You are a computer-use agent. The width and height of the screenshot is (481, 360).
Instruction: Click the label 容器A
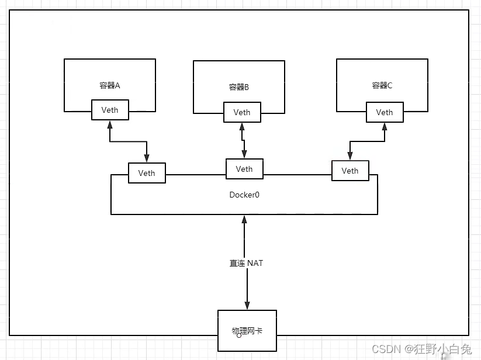coord(109,85)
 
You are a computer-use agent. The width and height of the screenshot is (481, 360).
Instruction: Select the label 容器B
coord(239,87)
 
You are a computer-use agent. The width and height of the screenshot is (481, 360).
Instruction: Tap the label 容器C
coord(382,85)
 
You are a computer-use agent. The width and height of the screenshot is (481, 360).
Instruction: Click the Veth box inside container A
coord(110,110)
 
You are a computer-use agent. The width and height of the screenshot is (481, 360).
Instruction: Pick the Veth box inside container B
coord(242,112)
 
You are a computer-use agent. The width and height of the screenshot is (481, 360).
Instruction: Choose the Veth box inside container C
coord(385,112)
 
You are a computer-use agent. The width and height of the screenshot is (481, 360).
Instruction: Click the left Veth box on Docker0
coord(147,173)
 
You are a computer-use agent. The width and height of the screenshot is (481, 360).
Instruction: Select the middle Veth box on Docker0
coord(244,169)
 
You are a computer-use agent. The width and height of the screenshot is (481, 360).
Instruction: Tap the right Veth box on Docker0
coord(350,171)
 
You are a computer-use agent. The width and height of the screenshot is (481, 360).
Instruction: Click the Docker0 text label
coord(244,195)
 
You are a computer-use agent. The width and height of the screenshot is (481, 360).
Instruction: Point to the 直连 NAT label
coord(246,264)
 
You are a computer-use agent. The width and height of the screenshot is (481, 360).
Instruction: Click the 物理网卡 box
coord(247,331)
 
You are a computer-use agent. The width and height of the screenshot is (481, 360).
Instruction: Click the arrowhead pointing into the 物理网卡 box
coord(247,306)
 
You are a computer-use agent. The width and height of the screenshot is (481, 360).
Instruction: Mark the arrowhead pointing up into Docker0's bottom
coord(244,219)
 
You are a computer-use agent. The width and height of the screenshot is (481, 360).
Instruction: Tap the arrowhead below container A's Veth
coord(110,124)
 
